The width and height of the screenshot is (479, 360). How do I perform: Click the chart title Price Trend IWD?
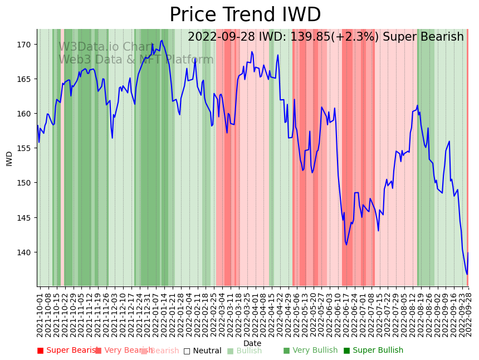point(245,15)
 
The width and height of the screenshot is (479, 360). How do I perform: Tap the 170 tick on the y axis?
point(27,45)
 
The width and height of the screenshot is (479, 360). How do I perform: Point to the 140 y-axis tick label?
point(27,252)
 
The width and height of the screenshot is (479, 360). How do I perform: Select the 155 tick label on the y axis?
point(27,148)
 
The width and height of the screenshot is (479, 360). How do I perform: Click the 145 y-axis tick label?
point(27,218)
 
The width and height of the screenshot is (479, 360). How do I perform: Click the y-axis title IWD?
point(9,158)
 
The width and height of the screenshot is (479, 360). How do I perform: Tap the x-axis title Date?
point(252,344)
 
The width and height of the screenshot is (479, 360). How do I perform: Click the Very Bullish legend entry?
point(315,351)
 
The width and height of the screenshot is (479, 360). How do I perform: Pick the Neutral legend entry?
point(207,351)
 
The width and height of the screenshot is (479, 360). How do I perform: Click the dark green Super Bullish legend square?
point(347,351)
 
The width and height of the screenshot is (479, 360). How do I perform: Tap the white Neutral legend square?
point(187,351)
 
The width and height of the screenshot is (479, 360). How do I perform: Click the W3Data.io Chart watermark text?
point(106,47)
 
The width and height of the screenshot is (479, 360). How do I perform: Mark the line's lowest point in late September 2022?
point(467,274)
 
